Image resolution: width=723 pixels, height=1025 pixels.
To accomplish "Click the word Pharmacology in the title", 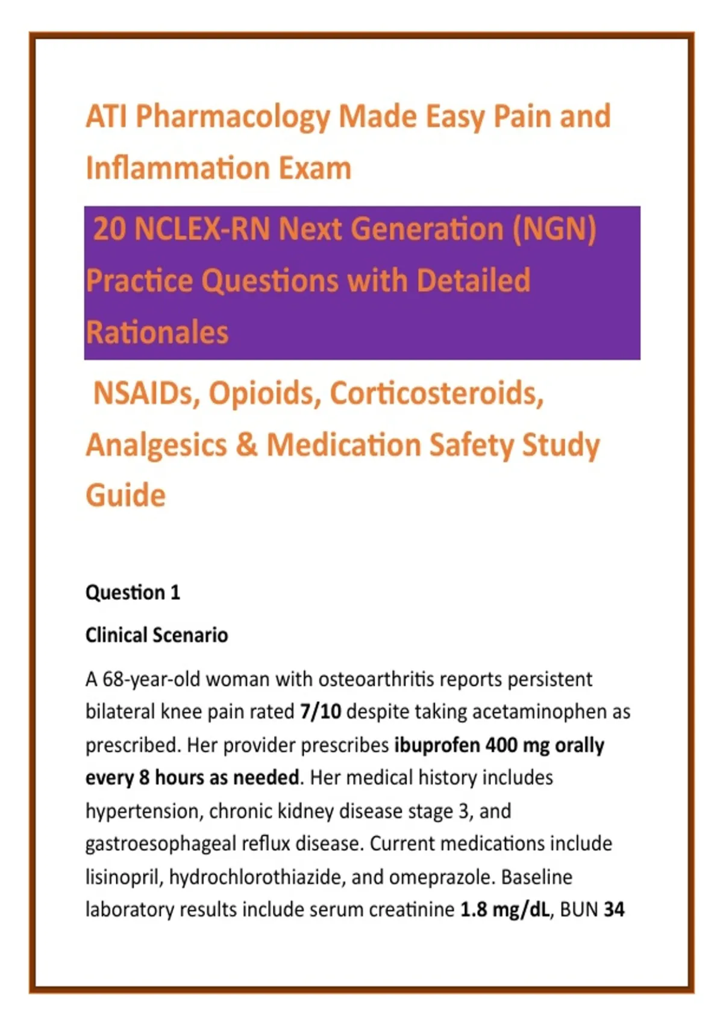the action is click(x=233, y=118).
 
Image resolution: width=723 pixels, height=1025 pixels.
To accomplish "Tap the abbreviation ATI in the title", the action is click(x=106, y=116).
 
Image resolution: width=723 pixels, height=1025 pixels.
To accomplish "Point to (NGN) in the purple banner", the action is click(x=555, y=230).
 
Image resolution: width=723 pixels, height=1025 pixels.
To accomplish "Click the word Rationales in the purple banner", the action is click(x=157, y=332).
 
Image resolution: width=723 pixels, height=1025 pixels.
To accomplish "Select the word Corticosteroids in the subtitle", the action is click(x=437, y=393).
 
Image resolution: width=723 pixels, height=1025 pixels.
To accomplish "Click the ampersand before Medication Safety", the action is click(x=247, y=445).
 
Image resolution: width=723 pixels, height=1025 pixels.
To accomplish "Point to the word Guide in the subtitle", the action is click(x=126, y=496).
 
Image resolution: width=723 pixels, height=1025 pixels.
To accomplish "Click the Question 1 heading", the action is click(x=133, y=593).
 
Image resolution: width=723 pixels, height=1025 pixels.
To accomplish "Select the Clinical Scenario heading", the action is click(x=157, y=635).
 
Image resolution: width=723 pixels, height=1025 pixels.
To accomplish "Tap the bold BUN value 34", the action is click(x=614, y=910).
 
